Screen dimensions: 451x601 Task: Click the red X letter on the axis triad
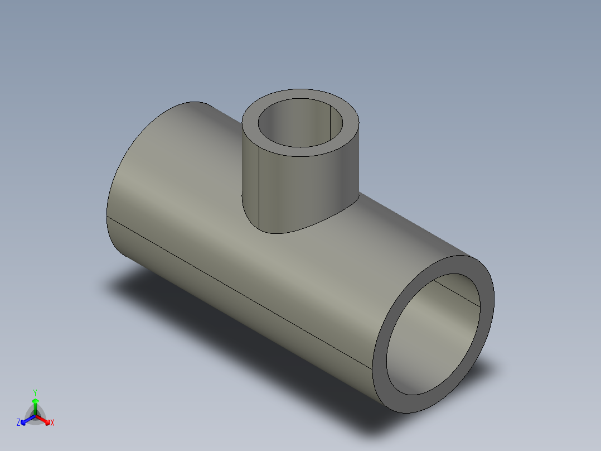tap(52, 423)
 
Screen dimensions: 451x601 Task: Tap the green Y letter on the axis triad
tap(35, 392)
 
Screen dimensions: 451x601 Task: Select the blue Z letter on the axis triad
tap(18, 423)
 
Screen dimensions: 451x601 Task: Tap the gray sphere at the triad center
tap(36, 415)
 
